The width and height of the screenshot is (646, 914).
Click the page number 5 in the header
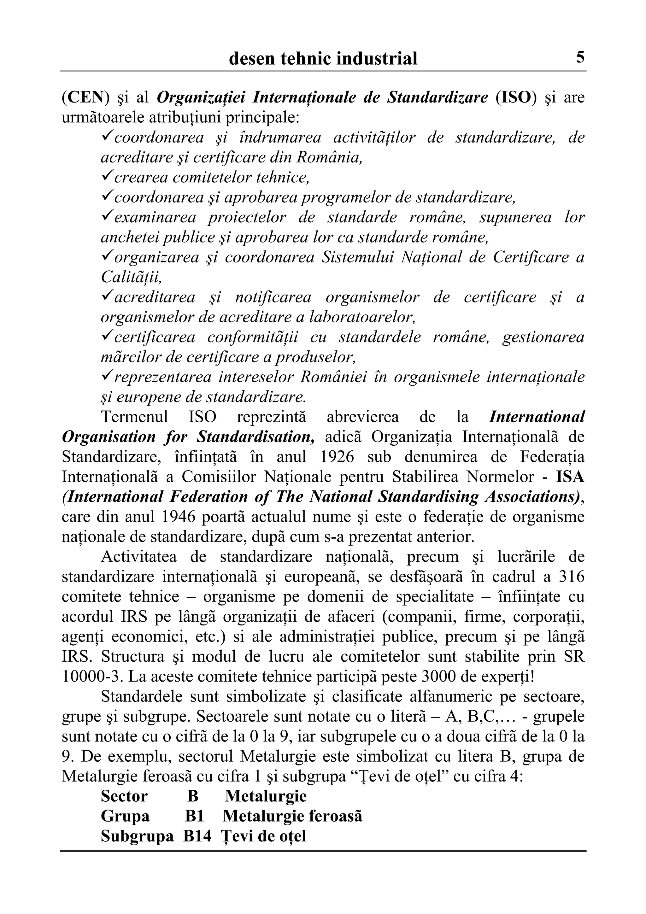580,58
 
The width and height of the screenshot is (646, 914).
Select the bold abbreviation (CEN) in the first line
86,97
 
